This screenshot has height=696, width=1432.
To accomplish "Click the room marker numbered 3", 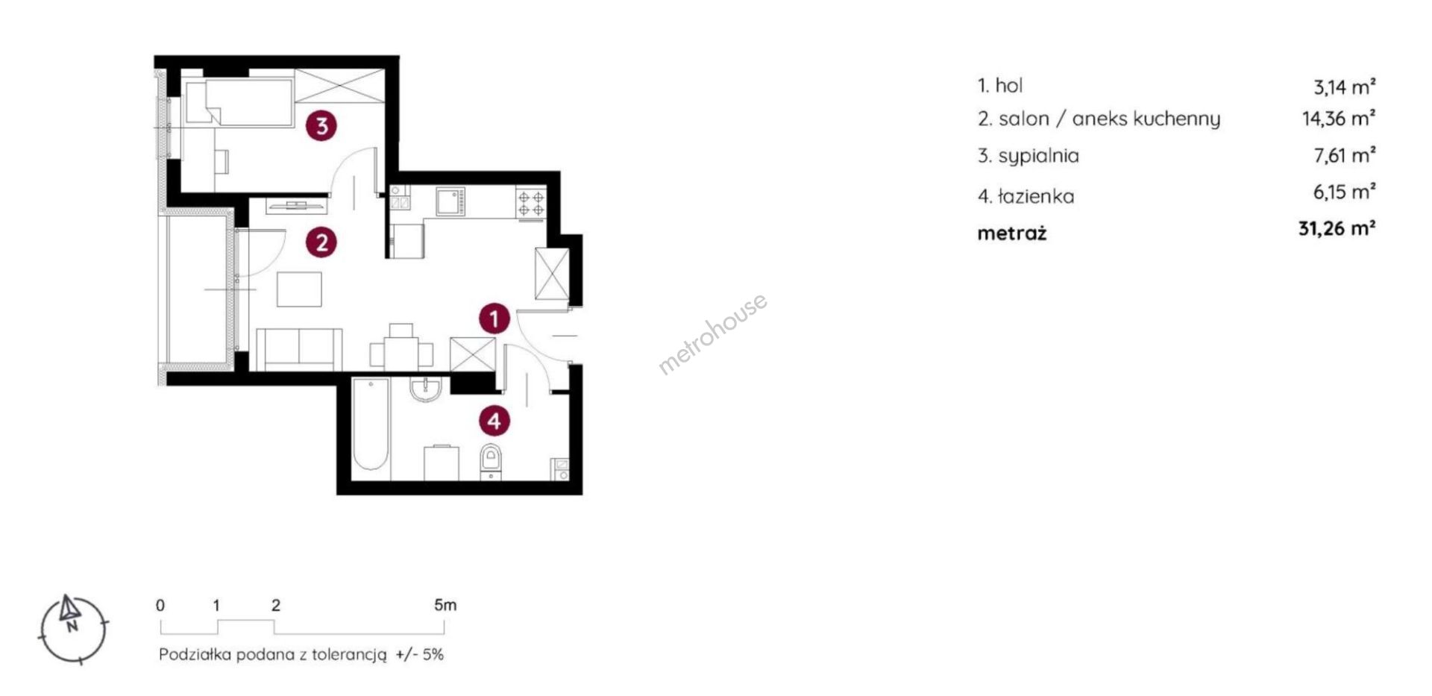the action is [x=321, y=125].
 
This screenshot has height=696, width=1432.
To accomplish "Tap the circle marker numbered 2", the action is [x=321, y=242].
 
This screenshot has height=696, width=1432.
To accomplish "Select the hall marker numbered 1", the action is [x=494, y=319].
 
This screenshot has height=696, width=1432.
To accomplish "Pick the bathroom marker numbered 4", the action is [x=494, y=421].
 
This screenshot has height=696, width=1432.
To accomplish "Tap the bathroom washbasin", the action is [x=426, y=389].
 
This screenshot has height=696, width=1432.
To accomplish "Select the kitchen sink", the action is [x=450, y=201].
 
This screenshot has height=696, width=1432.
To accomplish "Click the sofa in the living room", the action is [x=300, y=349].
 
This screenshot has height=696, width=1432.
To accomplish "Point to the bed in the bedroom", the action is [x=239, y=102].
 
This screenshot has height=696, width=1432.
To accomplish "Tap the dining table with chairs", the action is [x=401, y=350].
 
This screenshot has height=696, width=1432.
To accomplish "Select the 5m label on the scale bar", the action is [x=445, y=605].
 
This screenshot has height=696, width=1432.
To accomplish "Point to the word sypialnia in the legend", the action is [x=1038, y=157].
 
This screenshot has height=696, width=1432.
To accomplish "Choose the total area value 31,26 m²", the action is [x=1337, y=228].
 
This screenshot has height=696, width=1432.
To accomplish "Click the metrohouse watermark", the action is [x=712, y=333].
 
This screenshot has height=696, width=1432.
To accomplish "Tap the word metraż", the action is [x=1012, y=233].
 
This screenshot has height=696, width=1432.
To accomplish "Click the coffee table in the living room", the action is [x=299, y=289].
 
